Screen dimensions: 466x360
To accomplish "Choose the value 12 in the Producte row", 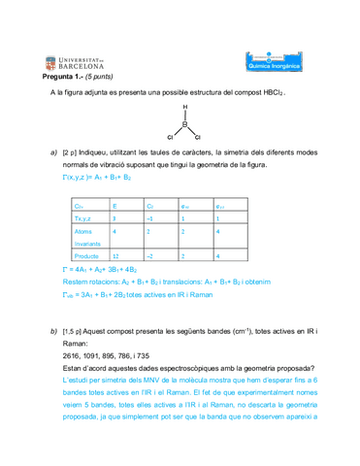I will [116, 255].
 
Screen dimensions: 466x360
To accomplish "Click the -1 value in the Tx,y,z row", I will [150, 219].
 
